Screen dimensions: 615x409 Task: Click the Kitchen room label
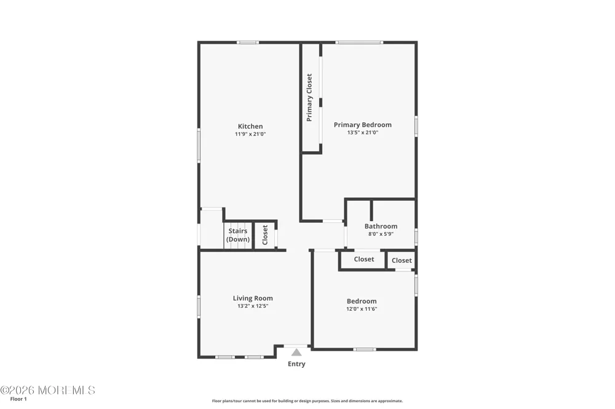[x=250, y=126]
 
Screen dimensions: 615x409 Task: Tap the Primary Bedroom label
[x=362, y=125]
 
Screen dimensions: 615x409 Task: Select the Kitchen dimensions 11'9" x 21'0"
[x=250, y=134]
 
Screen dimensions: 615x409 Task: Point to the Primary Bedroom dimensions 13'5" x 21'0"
[x=362, y=133]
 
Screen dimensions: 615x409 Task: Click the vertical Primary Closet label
[x=309, y=98]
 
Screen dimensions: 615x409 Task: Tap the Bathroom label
[x=381, y=226]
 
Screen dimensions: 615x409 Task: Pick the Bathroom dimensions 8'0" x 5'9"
[x=381, y=234]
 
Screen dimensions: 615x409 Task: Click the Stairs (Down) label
[x=238, y=235]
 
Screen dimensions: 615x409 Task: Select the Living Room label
[x=253, y=298]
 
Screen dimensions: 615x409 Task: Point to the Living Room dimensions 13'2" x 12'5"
[x=253, y=306]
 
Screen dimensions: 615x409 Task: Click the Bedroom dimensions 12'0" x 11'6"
[x=362, y=309]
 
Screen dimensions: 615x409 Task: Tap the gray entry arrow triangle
[x=296, y=353]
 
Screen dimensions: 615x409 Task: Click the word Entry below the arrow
[x=296, y=364]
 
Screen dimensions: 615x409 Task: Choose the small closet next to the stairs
[x=264, y=235]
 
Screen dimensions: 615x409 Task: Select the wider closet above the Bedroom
[x=363, y=259]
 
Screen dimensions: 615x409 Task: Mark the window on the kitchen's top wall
[x=247, y=42]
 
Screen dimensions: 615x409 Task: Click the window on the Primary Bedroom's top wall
[x=359, y=42]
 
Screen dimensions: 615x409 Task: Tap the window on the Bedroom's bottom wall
[x=364, y=349]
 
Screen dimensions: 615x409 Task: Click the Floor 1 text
[x=18, y=399]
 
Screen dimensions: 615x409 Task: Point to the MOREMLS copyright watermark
[x=47, y=390]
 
